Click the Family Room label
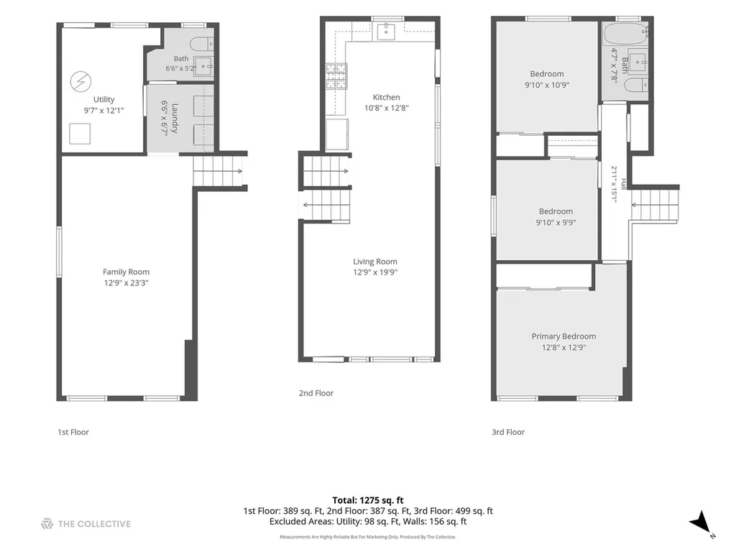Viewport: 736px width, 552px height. (126, 272)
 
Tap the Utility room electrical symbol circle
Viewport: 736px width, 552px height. (80, 81)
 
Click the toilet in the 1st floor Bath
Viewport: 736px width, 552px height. (202, 45)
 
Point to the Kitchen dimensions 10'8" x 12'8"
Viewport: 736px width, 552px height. (386, 108)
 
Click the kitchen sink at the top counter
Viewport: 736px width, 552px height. (386, 32)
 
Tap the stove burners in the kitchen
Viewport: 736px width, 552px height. (336, 76)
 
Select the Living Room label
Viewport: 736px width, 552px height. (375, 262)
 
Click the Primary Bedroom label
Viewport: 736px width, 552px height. (563, 336)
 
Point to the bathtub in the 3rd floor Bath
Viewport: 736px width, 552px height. (625, 34)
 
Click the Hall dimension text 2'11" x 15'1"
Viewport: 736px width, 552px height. (614, 184)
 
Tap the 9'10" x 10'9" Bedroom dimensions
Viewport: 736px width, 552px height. (547, 85)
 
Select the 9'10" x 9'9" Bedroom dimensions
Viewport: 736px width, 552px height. (556, 223)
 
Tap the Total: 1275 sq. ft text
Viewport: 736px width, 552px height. (368, 500)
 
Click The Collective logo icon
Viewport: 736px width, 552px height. (47, 524)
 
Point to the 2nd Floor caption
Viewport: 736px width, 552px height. (316, 393)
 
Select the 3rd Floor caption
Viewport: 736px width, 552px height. (508, 432)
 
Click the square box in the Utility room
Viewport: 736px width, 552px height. (80, 134)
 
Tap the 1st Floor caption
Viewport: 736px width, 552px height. (73, 432)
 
